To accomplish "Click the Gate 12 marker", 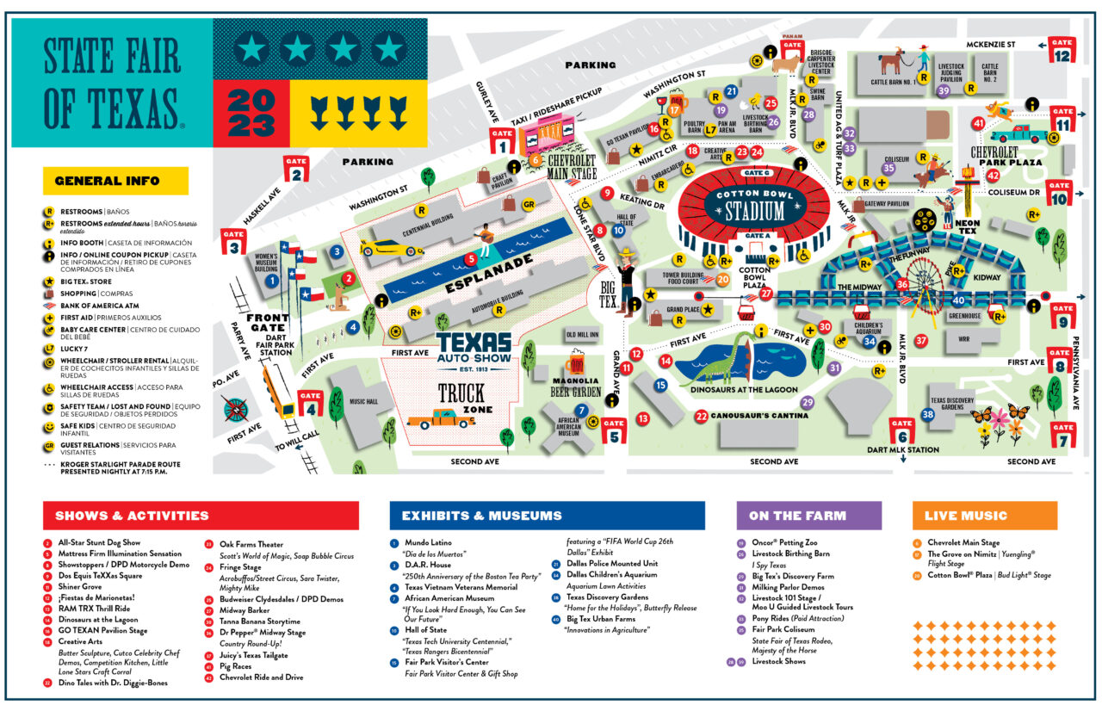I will pyautogui.click(x=1062, y=49).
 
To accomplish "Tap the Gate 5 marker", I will pyautogui.click(x=613, y=430).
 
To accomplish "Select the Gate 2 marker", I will pyautogui.click(x=297, y=169).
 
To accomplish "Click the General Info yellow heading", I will pyautogui.click(x=115, y=181).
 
